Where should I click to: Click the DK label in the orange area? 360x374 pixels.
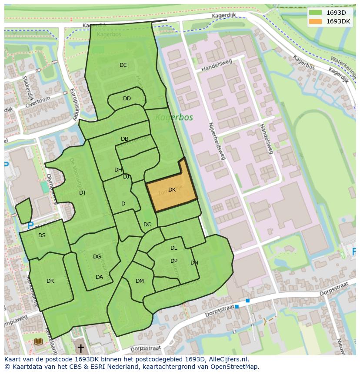pos(172,190)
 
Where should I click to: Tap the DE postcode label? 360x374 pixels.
pos(123,65)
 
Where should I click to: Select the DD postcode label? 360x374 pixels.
pos(127,99)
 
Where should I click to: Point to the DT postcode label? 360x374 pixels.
pos(83,193)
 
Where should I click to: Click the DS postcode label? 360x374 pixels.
pos(42,235)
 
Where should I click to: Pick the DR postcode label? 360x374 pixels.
pos(50,281)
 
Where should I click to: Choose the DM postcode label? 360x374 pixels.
pos(140,281)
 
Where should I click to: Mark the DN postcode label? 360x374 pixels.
pos(194,263)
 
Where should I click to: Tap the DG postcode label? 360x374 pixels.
pos(97,257)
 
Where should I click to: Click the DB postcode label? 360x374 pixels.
pos(124,139)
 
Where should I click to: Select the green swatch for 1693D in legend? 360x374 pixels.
pos(315,13)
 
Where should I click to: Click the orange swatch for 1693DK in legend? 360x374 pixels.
pos(315,21)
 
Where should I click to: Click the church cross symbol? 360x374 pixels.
pos(80,348)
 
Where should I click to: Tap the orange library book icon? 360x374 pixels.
pos(38,342)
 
